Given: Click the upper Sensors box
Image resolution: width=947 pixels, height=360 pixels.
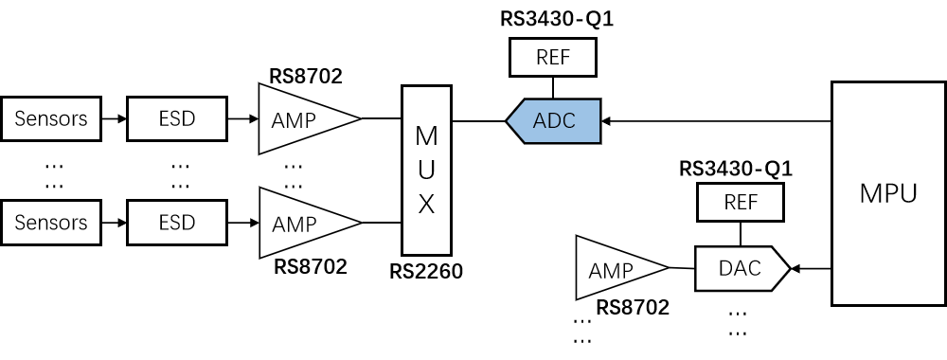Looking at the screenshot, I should coord(51,119).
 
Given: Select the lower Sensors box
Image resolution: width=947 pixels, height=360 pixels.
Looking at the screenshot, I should coord(51,223).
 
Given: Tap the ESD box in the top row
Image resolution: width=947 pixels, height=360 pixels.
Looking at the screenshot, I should coord(177,119).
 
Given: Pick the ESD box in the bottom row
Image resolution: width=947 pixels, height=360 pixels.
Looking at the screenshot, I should coord(177,223).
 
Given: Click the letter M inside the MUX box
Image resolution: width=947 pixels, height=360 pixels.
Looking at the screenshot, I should coord(426,135).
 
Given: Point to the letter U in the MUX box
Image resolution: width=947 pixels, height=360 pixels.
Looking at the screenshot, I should coord(426,171).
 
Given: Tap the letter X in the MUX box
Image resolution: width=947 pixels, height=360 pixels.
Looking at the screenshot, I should coord(426,205).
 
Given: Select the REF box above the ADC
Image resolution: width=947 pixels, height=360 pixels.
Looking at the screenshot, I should coord(553,58).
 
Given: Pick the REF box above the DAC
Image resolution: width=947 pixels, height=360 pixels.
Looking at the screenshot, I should coord(741,203).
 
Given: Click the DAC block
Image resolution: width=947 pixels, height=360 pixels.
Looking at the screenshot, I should coord(739,269).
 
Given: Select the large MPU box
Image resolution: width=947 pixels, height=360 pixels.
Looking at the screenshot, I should coord(888,193).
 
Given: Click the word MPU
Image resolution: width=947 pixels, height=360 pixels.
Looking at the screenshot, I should coord(888,194).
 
